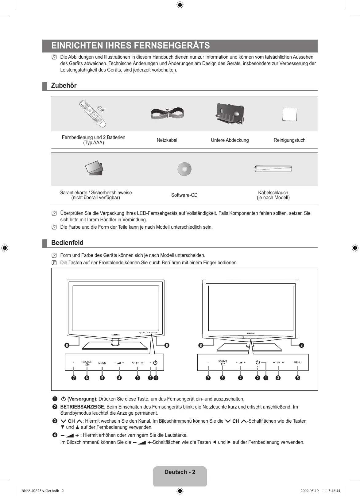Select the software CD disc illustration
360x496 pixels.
(184, 169)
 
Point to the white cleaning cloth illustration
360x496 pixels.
(289, 115)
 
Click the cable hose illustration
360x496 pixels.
(273, 169)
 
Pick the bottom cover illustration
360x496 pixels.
(230, 114)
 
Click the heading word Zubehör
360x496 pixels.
(64, 86)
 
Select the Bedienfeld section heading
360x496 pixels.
(67, 243)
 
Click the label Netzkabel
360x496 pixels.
(167, 140)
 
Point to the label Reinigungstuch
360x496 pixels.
(289, 140)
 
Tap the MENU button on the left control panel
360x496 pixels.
(102, 363)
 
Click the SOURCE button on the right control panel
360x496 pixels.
(223, 362)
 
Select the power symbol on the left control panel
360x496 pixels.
(155, 362)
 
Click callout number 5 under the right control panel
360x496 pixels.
(297, 378)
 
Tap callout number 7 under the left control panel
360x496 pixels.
(74, 378)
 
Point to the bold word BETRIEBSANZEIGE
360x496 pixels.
(82, 407)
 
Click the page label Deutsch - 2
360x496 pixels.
(180, 472)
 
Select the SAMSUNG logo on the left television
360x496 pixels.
(115, 334)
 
